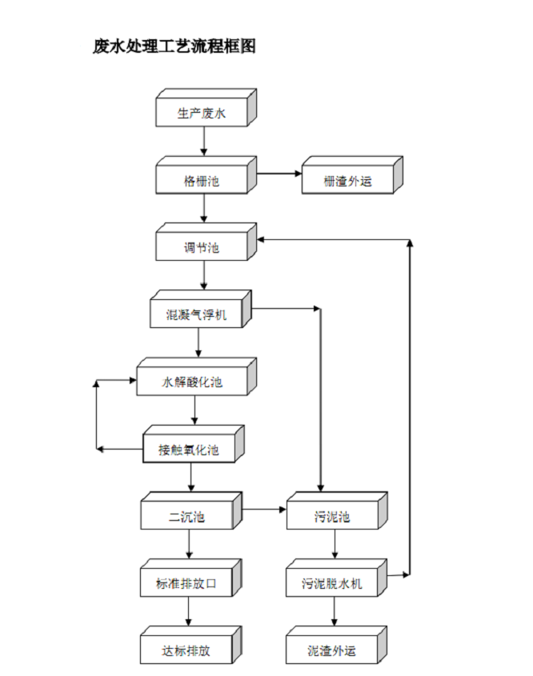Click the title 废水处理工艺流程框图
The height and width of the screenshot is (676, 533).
coord(174,46)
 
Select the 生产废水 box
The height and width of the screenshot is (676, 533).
coord(202,114)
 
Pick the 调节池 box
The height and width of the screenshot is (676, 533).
coord(202,248)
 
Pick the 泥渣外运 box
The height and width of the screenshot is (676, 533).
coord(332,650)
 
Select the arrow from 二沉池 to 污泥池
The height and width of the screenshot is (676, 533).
coord(265,508)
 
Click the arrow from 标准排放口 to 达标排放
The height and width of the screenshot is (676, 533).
coord(190,613)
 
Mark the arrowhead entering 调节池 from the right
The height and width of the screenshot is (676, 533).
coord(262,239)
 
